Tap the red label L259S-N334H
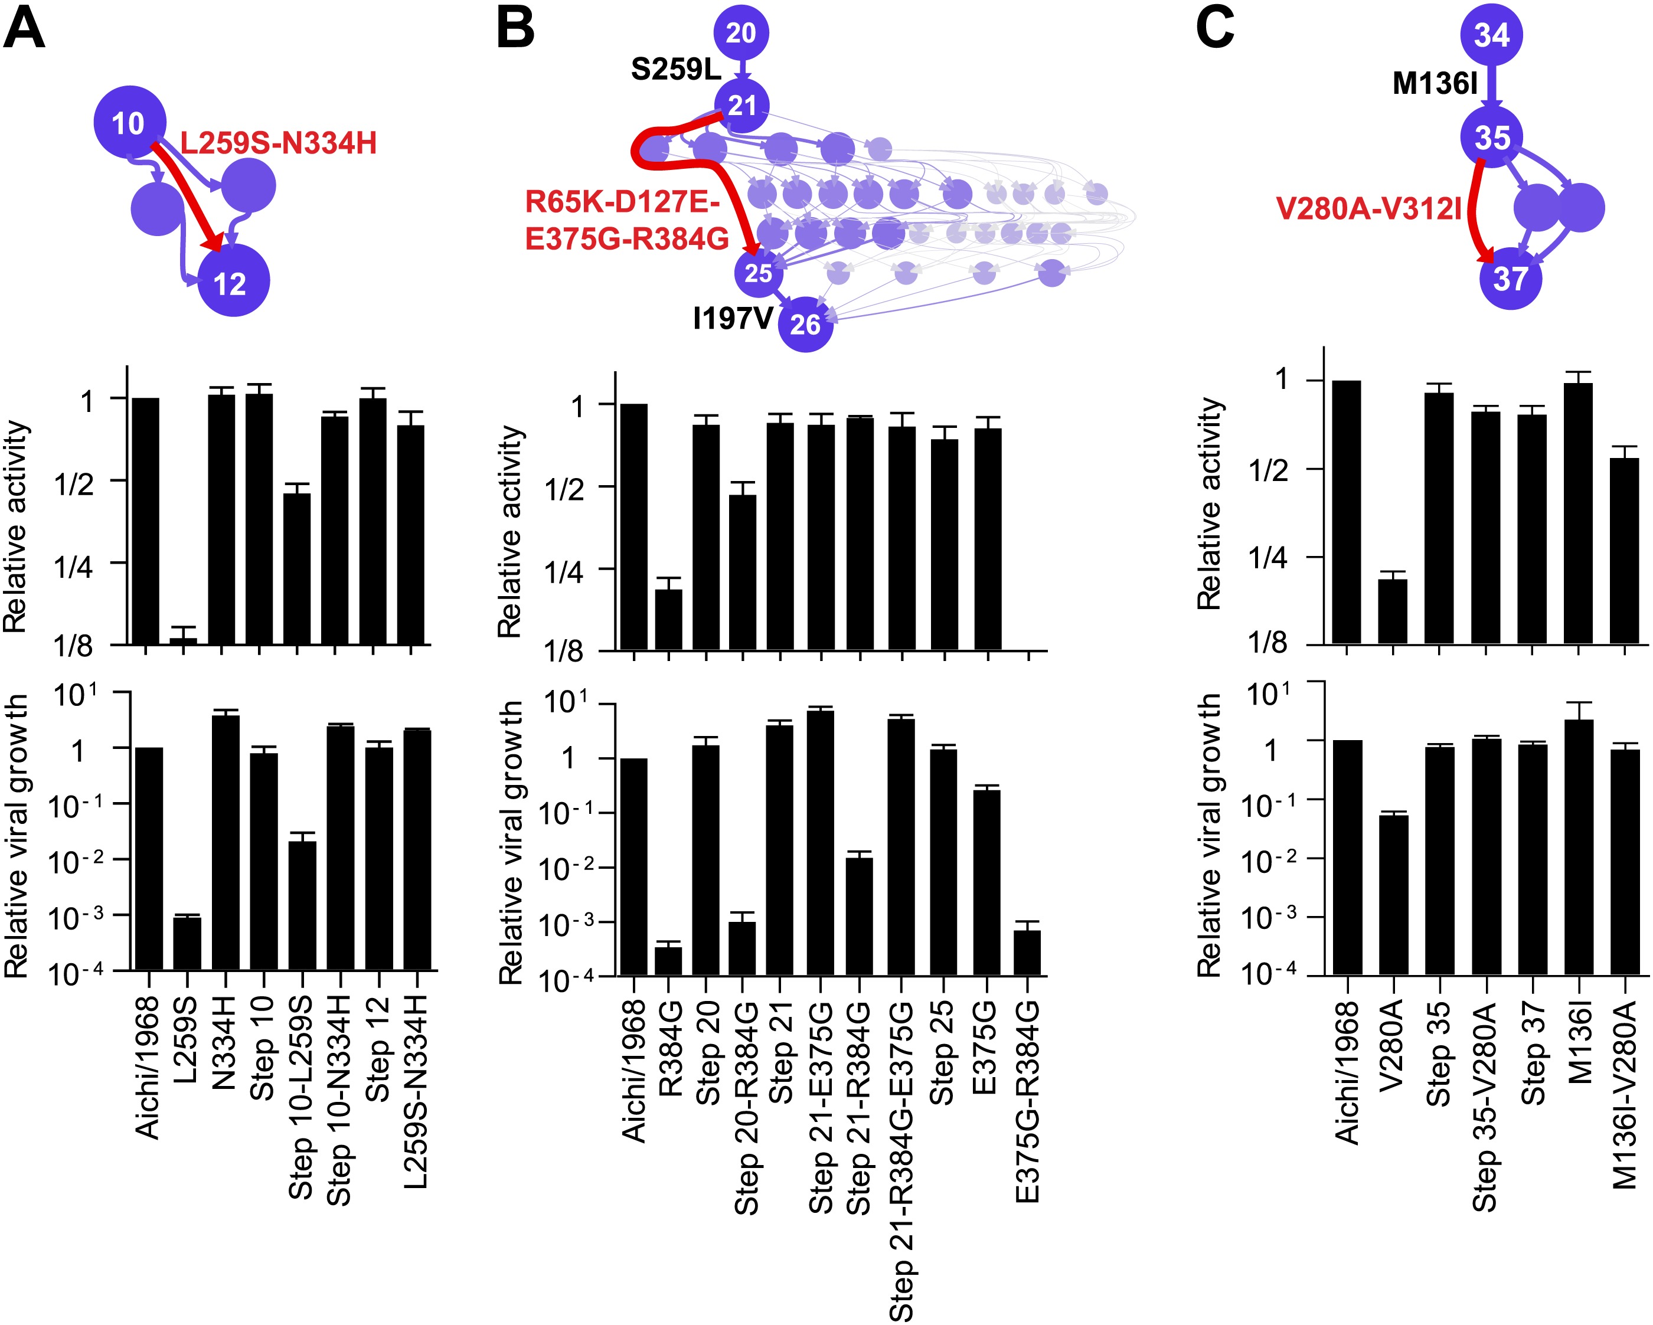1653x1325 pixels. tap(278, 143)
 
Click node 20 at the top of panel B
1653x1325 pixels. tap(741, 33)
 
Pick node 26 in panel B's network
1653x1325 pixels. tap(805, 324)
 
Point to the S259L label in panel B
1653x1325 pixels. tap(675, 70)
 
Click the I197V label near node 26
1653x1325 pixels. tap(733, 318)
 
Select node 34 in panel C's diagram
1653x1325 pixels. tap(1491, 34)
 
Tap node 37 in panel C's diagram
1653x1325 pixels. tap(1510, 277)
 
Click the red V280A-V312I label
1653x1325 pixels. tap(1369, 208)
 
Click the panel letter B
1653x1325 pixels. tap(515, 28)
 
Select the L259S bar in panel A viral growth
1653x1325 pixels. tap(187, 943)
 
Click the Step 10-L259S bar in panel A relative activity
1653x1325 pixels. tap(298, 568)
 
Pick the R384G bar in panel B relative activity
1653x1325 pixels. tap(668, 619)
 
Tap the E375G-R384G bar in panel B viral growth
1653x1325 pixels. tap(1027, 952)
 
